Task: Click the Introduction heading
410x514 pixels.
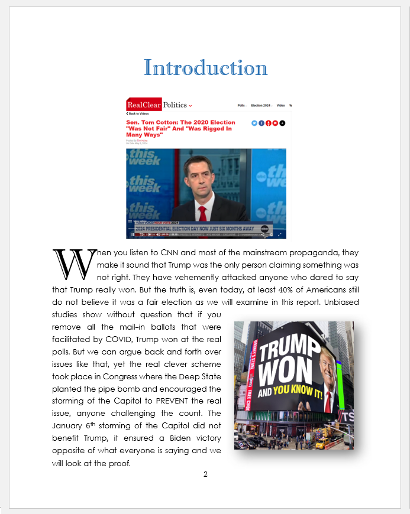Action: point(205,68)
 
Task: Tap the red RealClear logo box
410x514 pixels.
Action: point(144,105)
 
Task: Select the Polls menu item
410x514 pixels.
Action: point(241,105)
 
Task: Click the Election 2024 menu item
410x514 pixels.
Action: point(261,105)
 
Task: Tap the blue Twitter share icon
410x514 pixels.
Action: point(254,123)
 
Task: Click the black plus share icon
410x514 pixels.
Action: point(282,123)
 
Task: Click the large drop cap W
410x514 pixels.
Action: point(73,265)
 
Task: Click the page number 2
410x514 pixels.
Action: point(205,474)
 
